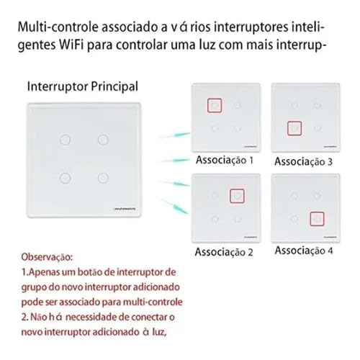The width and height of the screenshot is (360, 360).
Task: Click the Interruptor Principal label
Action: point(83,87)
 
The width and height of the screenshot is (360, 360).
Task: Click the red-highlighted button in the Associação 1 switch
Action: point(214,106)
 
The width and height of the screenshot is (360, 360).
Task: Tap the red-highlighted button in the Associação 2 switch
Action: point(235,196)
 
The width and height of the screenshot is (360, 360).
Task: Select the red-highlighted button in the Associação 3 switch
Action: point(294,129)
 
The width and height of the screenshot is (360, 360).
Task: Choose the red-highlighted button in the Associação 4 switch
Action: point(315,218)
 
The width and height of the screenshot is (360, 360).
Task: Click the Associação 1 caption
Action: point(225,161)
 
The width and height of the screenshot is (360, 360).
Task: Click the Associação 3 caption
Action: point(304,162)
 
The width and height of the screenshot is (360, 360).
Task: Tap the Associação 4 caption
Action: point(304,251)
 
